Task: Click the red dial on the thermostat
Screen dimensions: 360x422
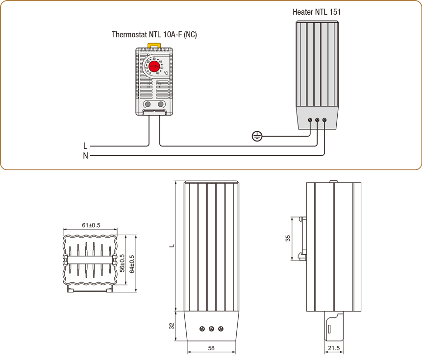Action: [x=154, y=67]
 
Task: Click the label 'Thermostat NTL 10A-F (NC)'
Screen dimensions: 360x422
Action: [x=154, y=35]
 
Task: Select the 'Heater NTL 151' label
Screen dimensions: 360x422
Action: [x=317, y=12]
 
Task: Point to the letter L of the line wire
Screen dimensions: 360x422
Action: [x=85, y=146]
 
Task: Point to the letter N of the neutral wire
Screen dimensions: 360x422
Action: [x=85, y=156]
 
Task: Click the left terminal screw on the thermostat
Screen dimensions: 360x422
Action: [x=147, y=104]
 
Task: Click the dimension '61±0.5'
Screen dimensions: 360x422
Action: [x=91, y=225]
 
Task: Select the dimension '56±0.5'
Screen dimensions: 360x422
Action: [x=123, y=263]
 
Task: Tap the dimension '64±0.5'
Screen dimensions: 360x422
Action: [x=132, y=263]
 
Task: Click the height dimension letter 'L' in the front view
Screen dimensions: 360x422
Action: [x=171, y=246]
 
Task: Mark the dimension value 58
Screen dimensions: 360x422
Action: [x=211, y=348]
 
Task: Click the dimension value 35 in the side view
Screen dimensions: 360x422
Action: [x=288, y=239]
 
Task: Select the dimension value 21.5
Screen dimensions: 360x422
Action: [x=334, y=348]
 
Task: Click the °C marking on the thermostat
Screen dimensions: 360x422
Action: [x=166, y=73]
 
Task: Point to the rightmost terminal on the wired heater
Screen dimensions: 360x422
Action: [x=324, y=120]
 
